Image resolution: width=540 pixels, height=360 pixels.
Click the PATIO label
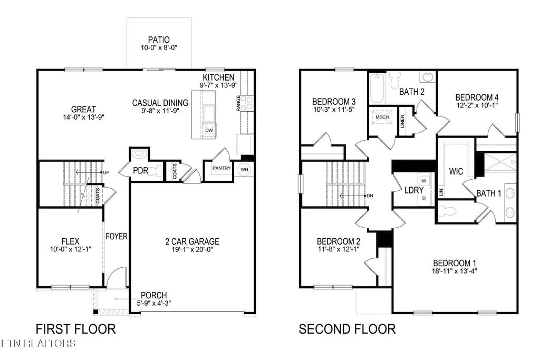click(x=159, y=38)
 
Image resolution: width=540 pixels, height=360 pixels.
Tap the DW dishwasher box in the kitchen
click(x=209, y=130)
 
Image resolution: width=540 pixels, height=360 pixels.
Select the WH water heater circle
click(x=244, y=169)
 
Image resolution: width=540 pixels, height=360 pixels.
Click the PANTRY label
click(x=222, y=168)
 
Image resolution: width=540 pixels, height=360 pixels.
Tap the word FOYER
click(x=117, y=237)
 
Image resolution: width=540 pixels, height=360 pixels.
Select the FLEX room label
click(x=70, y=241)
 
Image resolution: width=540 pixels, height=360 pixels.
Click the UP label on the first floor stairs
click(x=106, y=172)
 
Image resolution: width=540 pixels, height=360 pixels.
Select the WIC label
click(x=456, y=172)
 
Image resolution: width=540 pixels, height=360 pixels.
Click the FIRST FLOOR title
click(x=75, y=329)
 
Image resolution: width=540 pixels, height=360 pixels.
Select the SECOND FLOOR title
click(x=347, y=329)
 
